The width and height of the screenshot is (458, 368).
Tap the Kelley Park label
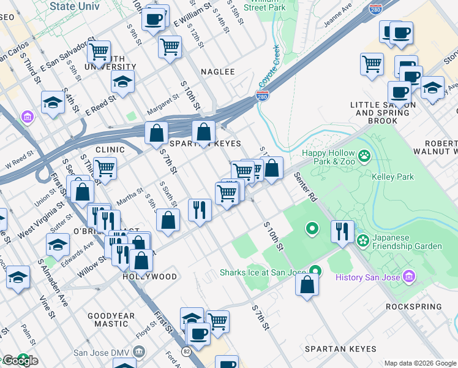point(392,177)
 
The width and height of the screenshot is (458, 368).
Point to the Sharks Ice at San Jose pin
point(315,270)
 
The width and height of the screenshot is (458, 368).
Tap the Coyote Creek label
point(268,68)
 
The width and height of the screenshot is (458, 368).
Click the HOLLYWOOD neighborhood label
point(150,277)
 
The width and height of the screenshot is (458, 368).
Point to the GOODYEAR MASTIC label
point(111,320)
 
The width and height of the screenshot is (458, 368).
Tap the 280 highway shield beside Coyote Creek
point(261,96)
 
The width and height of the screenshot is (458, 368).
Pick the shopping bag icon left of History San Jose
point(307,285)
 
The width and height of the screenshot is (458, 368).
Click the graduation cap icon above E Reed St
point(122,82)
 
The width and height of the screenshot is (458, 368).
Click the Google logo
point(20,360)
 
